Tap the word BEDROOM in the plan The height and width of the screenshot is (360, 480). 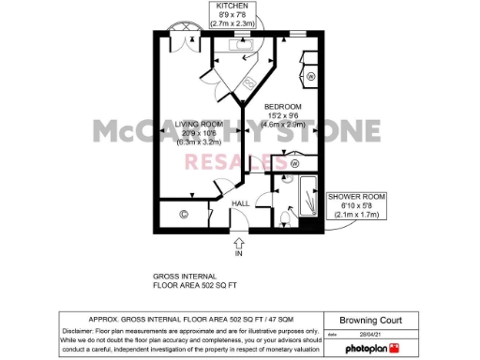coord(282,106)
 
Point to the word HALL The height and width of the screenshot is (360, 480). coord(241,203)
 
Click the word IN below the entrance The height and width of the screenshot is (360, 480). coord(238,254)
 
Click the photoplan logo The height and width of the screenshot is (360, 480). coord(365,348)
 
